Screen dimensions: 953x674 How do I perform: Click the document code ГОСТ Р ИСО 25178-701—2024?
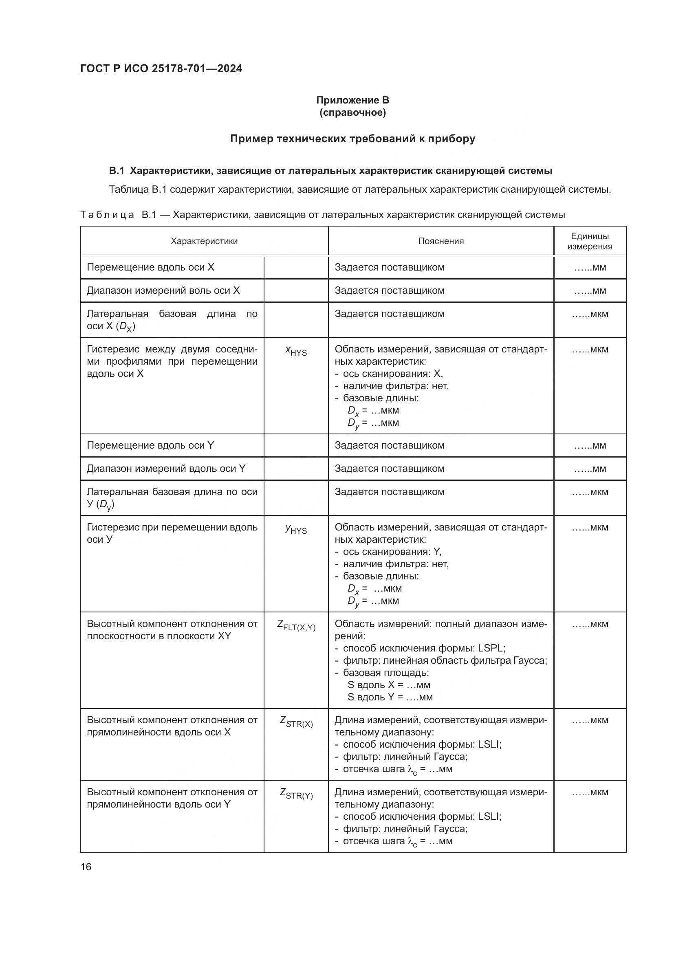161,68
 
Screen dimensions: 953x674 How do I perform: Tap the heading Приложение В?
352,100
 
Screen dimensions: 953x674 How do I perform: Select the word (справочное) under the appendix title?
352,112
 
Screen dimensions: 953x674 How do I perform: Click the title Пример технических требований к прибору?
352,139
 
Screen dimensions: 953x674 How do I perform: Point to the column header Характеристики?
204,241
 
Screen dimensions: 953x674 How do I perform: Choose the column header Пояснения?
441,241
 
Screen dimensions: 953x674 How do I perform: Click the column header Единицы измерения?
589,241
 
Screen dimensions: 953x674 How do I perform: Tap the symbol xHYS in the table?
296,351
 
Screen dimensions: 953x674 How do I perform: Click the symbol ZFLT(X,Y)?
296,625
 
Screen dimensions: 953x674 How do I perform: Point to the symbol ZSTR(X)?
296,722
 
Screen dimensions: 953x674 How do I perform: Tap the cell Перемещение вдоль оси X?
150,267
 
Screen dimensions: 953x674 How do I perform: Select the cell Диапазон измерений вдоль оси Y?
166,469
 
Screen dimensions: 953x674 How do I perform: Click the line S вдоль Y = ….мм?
390,697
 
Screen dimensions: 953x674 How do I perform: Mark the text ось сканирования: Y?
392,552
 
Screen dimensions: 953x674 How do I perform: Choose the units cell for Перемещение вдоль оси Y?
589,446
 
